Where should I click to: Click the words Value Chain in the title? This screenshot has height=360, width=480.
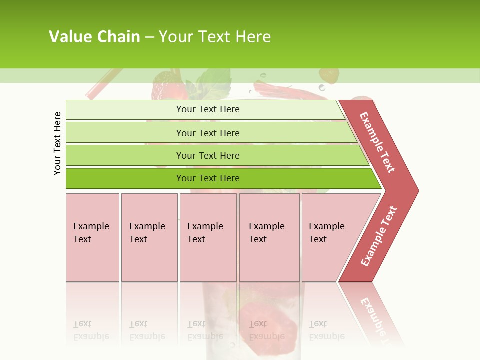pos(94,37)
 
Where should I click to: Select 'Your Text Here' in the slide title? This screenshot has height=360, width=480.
pos(215,37)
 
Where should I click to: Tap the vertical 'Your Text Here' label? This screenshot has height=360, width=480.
pos(57,143)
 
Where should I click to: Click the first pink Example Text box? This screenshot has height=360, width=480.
pos(92,237)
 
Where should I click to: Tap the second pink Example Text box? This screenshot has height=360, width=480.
pos(149,237)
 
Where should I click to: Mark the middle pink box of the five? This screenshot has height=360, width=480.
pos(208,237)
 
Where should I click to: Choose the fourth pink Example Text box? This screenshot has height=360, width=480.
pos(269,237)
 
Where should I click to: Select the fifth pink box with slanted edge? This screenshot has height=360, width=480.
pos(330,237)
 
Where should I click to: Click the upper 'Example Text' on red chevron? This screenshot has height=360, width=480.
pos(377,142)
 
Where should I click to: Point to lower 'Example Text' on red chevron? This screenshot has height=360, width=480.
pos(378,236)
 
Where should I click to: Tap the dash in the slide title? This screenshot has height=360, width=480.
pos(149,37)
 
